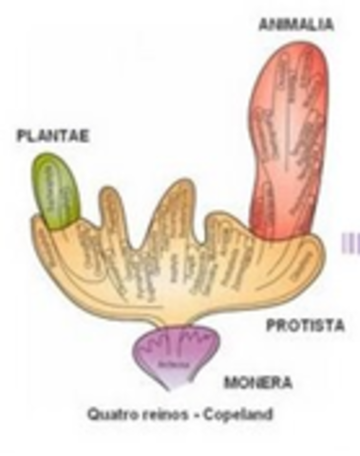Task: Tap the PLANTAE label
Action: pos(53,137)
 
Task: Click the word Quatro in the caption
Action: pos(107,413)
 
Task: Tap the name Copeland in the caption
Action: pos(221,413)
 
